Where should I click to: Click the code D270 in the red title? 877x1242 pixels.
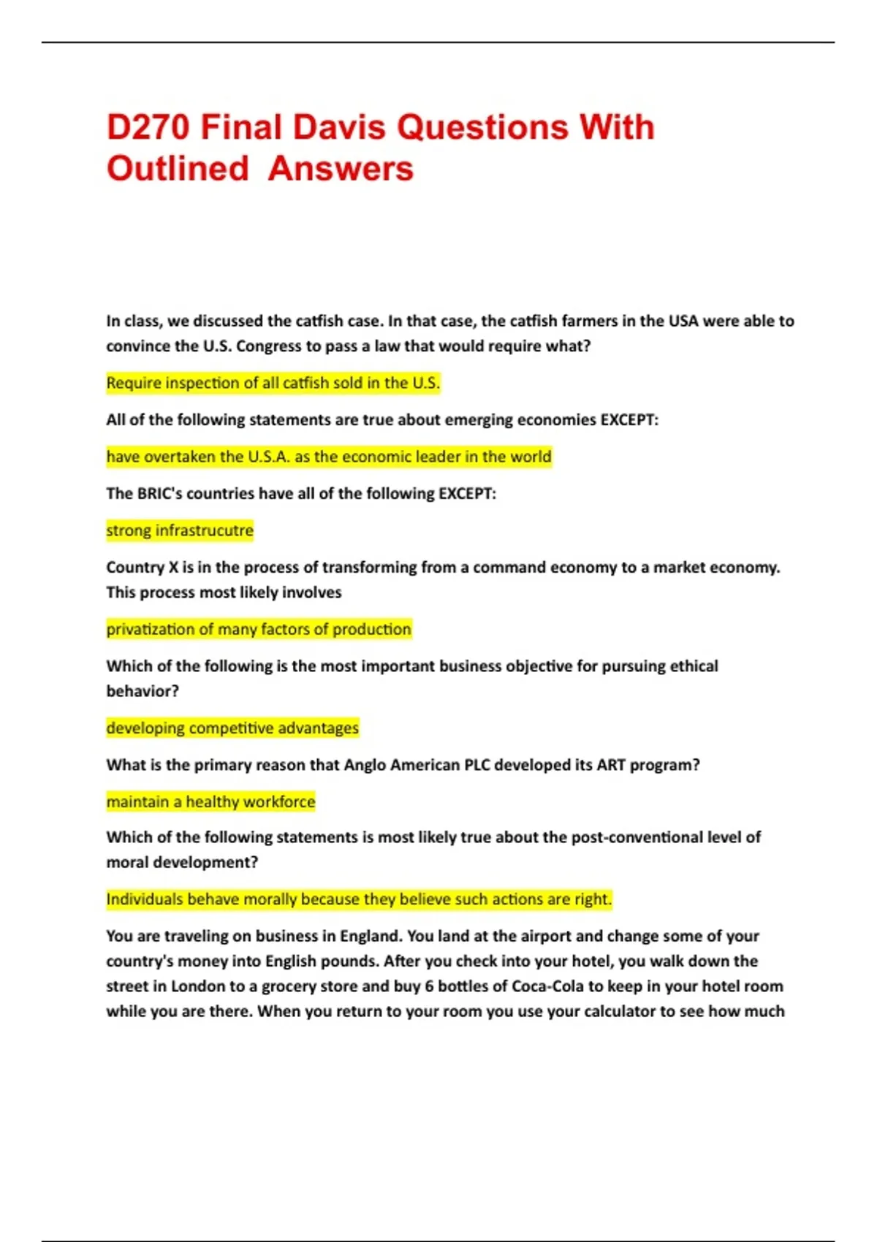148,127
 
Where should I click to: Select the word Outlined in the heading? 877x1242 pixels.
178,169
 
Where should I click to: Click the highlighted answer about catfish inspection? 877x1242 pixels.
273,383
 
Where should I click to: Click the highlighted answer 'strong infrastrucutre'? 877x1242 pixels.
180,530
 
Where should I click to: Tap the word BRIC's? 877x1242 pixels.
159,493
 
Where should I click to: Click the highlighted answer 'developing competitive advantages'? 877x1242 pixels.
232,728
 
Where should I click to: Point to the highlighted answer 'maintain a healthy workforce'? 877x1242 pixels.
210,801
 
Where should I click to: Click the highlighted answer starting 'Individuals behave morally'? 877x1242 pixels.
359,899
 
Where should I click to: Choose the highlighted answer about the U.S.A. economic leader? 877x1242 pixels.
329,457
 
